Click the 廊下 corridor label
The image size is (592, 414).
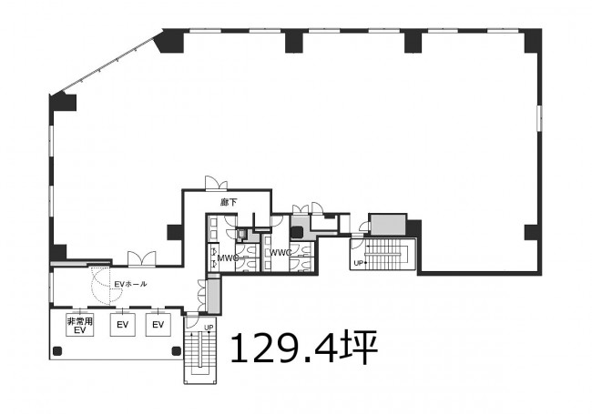[x=229, y=203]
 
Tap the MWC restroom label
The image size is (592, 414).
[x=228, y=258]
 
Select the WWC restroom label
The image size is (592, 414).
[x=281, y=253]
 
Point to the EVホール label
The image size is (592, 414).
[x=130, y=284]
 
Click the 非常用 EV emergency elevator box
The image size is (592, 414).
[x=80, y=325]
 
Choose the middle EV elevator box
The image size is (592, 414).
[x=123, y=325]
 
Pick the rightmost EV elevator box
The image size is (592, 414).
[x=158, y=325]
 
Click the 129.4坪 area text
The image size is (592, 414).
[x=304, y=347]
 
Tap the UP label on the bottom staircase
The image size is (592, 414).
[x=209, y=328]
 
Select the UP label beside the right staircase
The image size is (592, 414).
[x=358, y=263]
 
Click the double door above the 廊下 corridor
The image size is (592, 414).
[x=217, y=183]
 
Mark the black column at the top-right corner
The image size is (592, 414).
[x=533, y=41]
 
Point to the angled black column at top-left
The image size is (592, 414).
[x=169, y=41]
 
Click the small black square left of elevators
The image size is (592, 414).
[x=57, y=351]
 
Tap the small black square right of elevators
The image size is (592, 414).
[x=177, y=351]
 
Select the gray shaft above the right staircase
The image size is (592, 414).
[x=388, y=225]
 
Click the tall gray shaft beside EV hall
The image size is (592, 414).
[x=214, y=295]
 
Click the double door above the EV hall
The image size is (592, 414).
[x=141, y=258]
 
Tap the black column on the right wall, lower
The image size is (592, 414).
[x=531, y=232]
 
